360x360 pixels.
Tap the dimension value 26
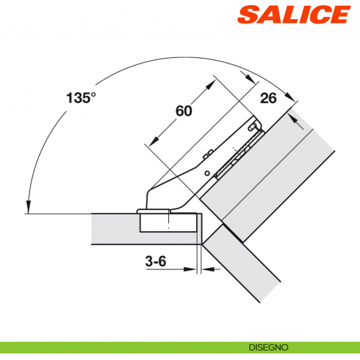267,99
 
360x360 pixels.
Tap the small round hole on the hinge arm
207,173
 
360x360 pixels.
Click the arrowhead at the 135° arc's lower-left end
27,207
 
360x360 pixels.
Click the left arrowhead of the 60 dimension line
149,143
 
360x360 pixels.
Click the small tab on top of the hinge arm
209,153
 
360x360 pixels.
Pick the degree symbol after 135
93,93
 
